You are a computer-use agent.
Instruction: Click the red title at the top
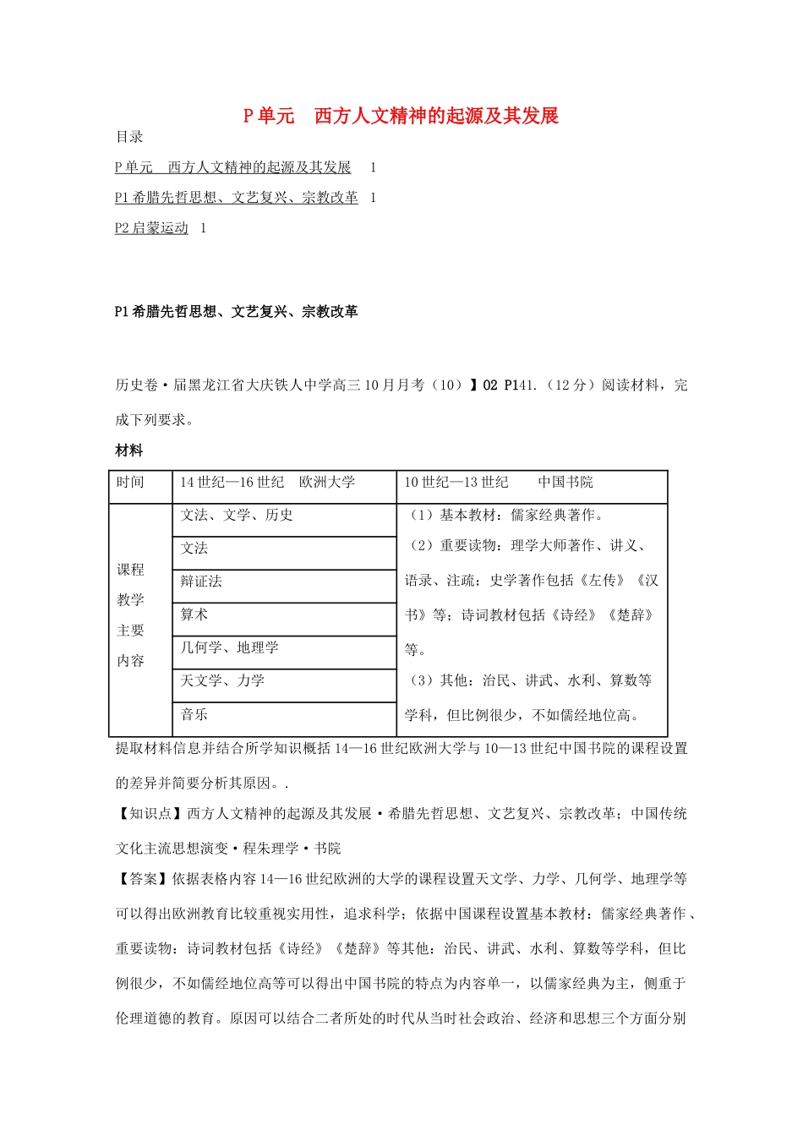pyautogui.click(x=401, y=116)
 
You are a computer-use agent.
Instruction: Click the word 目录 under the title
pyautogui.click(x=129, y=137)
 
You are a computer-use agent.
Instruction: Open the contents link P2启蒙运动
pyautogui.click(x=151, y=228)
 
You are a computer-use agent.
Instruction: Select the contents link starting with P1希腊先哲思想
pyautogui.click(x=236, y=198)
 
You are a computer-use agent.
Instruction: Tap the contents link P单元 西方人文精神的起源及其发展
pyautogui.click(x=232, y=167)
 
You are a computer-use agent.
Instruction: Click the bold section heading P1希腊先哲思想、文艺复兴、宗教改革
pyautogui.click(x=236, y=312)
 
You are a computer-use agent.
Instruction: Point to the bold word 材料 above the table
pyautogui.click(x=129, y=451)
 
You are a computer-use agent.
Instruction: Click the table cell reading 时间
pyautogui.click(x=131, y=483)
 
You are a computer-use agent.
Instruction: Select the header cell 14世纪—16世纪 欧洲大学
pyautogui.click(x=267, y=483)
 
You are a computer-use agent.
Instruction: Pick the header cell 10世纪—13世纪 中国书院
pyautogui.click(x=498, y=483)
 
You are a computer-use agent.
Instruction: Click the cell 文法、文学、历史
pyautogui.click(x=237, y=516)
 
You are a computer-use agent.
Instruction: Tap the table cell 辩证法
pyautogui.click(x=201, y=582)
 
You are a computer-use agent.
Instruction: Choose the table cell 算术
pyautogui.click(x=194, y=614)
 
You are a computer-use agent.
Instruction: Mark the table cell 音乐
pyautogui.click(x=194, y=715)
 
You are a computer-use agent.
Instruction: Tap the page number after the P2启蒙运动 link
pyautogui.click(x=203, y=228)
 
